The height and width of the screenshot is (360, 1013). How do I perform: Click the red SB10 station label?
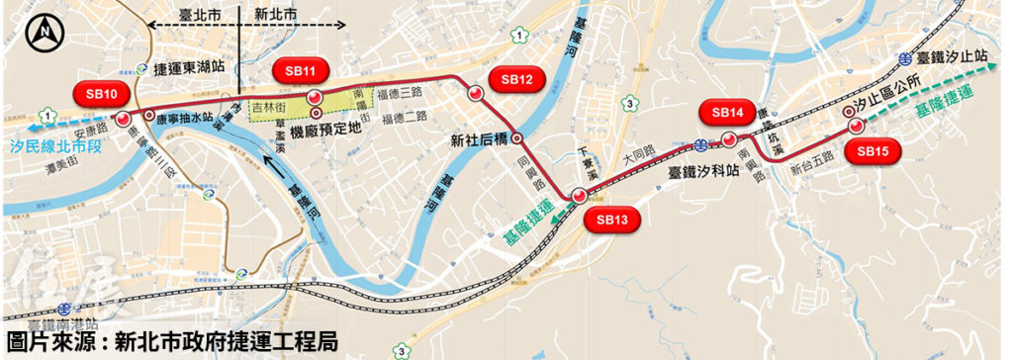[x=101, y=94]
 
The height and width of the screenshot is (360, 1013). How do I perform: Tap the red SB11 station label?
[x=300, y=71]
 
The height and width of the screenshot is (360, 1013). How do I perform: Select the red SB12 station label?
[x=517, y=79]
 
